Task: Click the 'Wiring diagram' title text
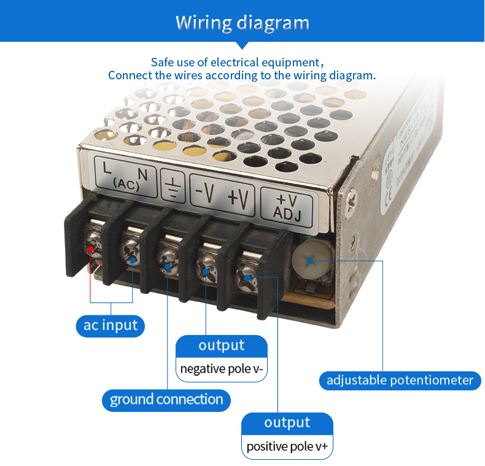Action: click(242, 23)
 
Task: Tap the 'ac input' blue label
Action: click(111, 325)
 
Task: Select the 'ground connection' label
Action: click(166, 400)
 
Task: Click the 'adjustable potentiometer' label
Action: click(400, 380)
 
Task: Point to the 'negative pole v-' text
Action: click(222, 369)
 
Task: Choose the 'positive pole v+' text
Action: click(287, 446)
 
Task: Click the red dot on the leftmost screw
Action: click(90, 249)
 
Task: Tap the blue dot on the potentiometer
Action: click(310, 260)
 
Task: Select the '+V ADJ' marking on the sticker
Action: click(287, 205)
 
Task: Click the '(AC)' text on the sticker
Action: click(127, 183)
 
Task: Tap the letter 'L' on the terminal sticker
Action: click(107, 167)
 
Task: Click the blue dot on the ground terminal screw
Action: click(168, 267)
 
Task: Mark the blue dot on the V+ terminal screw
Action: click(247, 278)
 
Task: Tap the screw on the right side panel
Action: click(352, 198)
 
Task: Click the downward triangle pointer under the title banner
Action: click(243, 45)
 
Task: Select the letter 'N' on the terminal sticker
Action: click(142, 173)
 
